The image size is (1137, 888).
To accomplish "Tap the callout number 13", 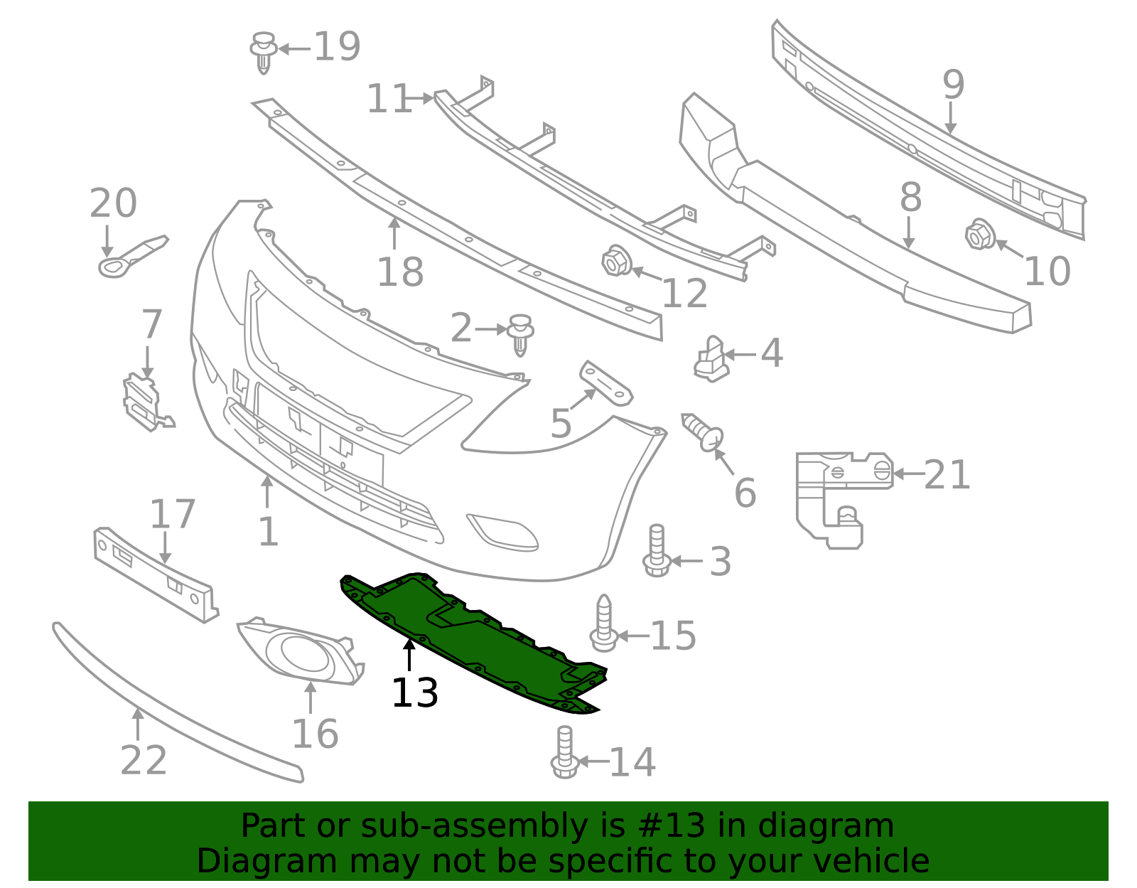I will [x=414, y=692].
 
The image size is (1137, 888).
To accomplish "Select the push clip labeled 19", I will [x=264, y=51].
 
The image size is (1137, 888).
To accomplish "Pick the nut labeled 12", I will [x=615, y=261].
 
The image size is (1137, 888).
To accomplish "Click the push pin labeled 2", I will [x=522, y=333].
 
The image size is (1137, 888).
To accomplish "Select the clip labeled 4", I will [x=711, y=358].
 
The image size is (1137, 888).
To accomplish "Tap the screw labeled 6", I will [x=704, y=432].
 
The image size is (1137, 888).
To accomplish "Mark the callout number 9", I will [x=953, y=85].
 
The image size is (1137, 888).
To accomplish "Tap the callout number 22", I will [x=144, y=761].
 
